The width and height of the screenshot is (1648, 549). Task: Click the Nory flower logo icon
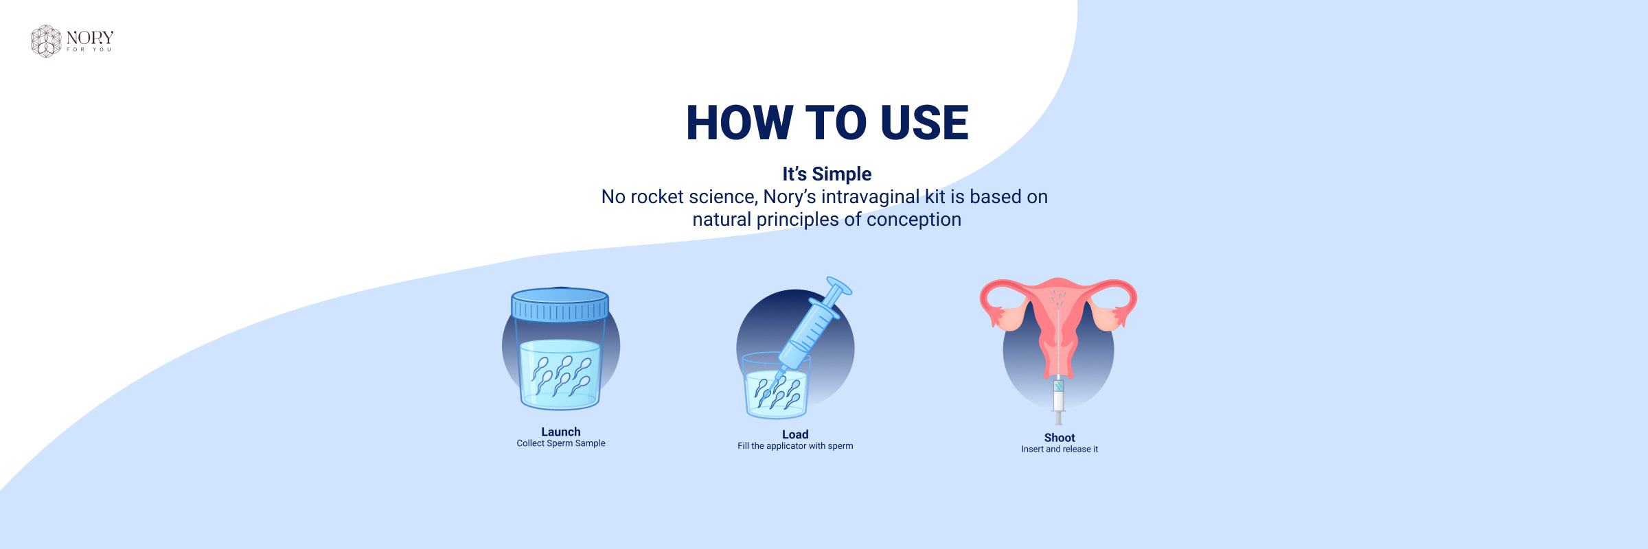click(46, 41)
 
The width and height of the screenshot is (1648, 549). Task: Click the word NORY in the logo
click(90, 38)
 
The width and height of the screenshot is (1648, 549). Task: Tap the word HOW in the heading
click(740, 123)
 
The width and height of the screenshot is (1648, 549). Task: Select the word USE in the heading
click(924, 123)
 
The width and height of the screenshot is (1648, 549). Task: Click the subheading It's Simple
click(827, 174)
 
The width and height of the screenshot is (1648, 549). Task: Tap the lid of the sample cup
click(560, 304)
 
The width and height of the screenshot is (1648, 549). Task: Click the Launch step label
click(561, 432)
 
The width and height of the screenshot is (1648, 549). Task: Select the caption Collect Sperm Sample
click(561, 443)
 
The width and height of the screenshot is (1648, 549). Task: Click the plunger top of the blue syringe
click(839, 285)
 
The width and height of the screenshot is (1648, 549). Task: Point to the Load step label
click(795, 434)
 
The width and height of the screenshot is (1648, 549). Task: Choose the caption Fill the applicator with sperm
click(795, 446)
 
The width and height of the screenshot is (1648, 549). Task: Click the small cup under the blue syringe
click(776, 388)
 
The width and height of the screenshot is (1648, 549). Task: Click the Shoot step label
click(1060, 438)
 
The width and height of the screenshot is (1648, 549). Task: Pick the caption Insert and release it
click(1060, 449)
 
